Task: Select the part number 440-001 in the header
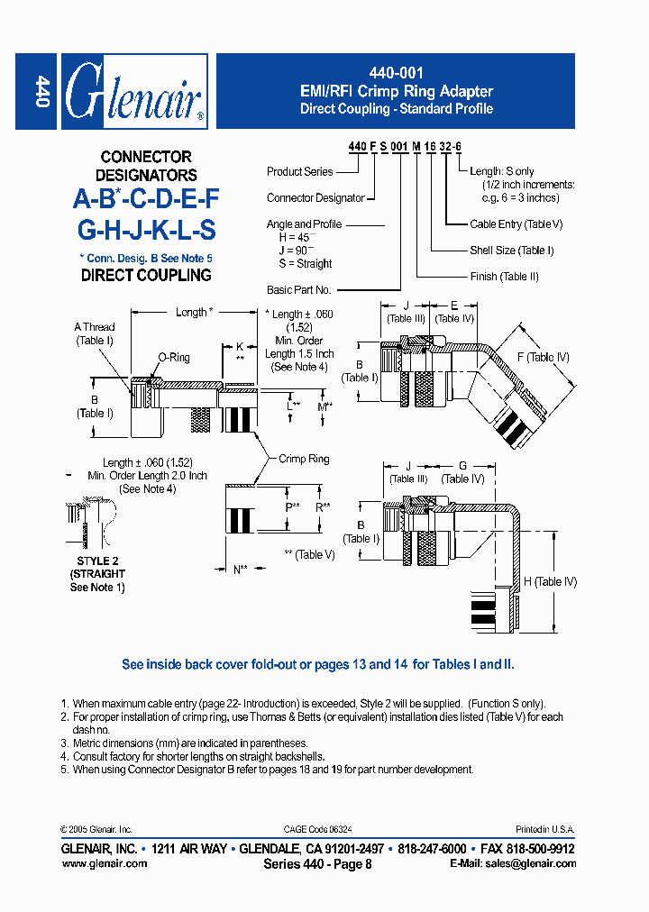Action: tap(397, 73)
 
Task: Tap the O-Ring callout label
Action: tap(174, 358)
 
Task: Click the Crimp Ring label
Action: tap(304, 459)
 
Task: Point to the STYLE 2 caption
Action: tap(97, 561)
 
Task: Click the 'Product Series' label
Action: tap(300, 171)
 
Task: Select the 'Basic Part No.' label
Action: tap(299, 290)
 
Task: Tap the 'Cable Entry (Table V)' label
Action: tap(516, 224)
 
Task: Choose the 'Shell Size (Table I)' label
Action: tap(512, 251)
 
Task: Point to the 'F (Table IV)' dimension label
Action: tap(543, 358)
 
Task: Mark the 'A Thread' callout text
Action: tap(95, 327)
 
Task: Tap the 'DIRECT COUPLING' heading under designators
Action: tap(146, 276)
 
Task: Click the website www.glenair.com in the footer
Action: tap(104, 863)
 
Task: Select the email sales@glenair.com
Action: tap(513, 863)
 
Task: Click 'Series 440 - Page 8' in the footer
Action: tap(317, 863)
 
